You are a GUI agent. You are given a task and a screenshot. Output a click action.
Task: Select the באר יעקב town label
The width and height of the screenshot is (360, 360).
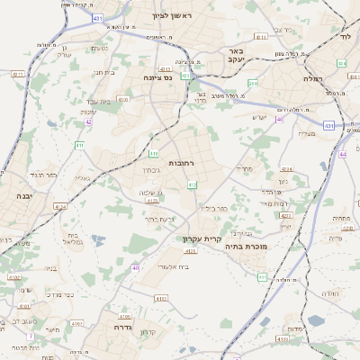click(237, 57)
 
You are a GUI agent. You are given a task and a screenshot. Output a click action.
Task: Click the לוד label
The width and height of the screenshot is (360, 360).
click(348, 37)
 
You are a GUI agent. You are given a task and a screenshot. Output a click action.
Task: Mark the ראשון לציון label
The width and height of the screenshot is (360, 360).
click(172, 15)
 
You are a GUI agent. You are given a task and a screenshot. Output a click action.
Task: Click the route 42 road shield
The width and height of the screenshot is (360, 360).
click(89, 121)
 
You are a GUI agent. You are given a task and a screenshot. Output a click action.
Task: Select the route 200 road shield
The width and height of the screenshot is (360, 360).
click(254, 84)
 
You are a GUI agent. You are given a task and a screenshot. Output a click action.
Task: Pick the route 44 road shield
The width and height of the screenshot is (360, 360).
click(343, 154)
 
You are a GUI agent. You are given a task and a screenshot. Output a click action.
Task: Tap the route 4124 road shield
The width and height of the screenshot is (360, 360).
click(60, 207)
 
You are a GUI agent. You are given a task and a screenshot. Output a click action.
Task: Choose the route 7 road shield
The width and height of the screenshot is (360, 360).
click(31, 337)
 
